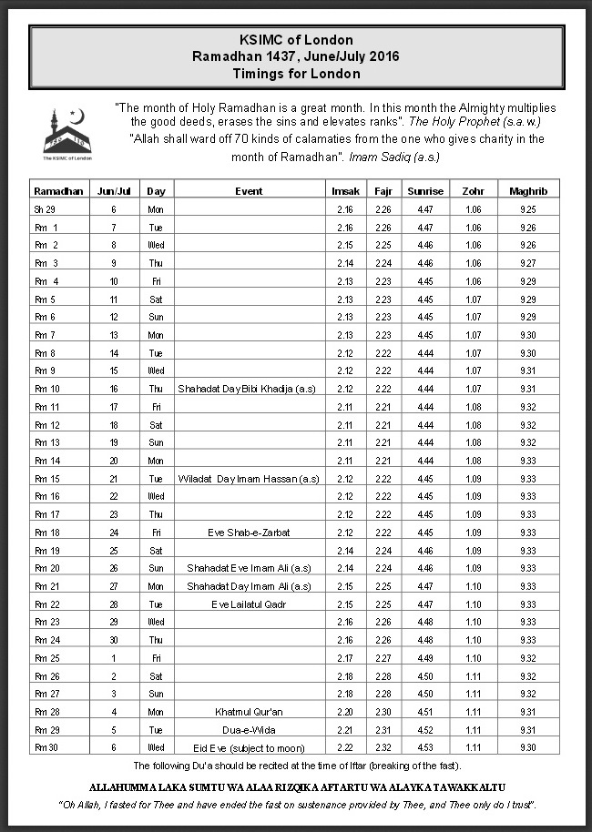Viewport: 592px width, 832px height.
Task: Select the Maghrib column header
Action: (528, 191)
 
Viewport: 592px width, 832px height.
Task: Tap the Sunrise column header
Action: (425, 191)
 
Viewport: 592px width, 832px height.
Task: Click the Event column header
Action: (249, 191)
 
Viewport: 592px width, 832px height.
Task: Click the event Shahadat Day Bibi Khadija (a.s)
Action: (249, 389)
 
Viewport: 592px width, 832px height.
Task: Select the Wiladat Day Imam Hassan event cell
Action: (249, 479)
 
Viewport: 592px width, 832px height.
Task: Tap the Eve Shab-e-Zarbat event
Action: (249, 533)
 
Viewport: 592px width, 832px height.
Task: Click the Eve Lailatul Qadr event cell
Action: (249, 604)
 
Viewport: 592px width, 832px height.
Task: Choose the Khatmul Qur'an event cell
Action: (249, 712)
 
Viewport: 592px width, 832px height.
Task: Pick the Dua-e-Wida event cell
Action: (249, 730)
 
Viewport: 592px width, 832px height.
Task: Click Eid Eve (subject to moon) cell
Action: (249, 747)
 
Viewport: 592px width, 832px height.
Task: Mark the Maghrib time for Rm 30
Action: (528, 747)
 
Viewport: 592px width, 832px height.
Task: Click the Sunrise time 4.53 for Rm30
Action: (425, 747)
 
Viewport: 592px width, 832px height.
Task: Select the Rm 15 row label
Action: (46, 479)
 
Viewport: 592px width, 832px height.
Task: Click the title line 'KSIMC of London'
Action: (296, 40)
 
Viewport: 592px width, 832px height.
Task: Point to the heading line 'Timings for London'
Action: (296, 73)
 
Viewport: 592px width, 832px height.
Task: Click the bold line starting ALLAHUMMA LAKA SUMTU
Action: (296, 786)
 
